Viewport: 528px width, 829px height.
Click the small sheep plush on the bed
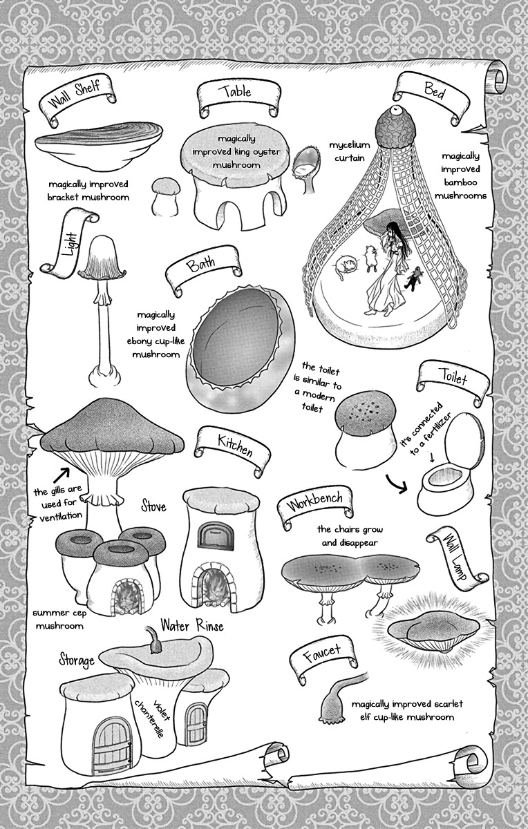(370, 256)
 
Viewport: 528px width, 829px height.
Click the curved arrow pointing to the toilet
(396, 484)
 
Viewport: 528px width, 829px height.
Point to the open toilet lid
(464, 441)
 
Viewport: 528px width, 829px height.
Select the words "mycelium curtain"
(350, 151)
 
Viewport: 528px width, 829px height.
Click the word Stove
(153, 506)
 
